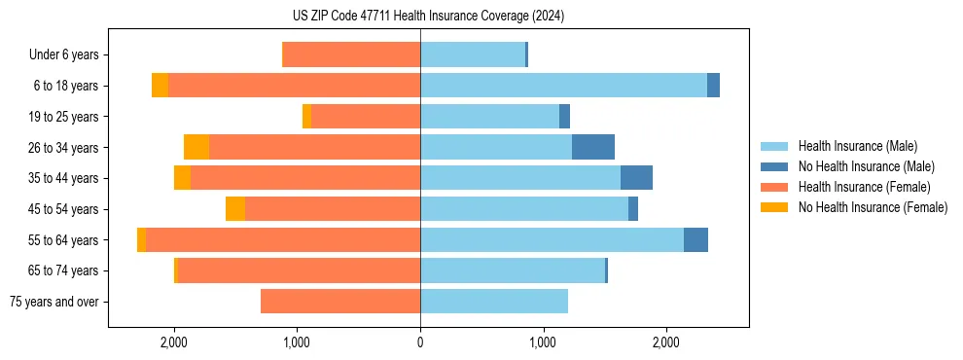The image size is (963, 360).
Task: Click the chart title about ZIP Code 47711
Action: (428, 17)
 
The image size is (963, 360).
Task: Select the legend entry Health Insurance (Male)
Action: (857, 146)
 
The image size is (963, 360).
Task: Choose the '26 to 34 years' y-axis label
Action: (64, 148)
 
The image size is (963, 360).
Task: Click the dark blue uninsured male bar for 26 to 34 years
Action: (593, 147)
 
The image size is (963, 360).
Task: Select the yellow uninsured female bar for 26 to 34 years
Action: (196, 147)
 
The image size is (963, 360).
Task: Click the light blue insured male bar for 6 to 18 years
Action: (563, 86)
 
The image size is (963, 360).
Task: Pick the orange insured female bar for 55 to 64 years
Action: (282, 239)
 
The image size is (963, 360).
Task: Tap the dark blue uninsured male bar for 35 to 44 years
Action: (636, 178)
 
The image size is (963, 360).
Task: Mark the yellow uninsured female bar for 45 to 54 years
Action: (235, 209)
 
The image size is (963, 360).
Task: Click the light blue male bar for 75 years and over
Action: (494, 302)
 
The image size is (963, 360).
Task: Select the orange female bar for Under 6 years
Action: (351, 54)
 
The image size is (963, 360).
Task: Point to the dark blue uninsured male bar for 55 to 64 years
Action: (695, 239)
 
